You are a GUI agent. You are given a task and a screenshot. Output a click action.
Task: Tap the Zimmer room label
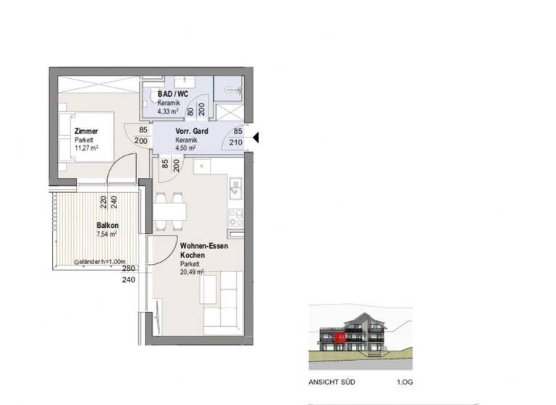coord(86,131)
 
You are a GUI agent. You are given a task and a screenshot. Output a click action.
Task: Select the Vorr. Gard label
coord(192,132)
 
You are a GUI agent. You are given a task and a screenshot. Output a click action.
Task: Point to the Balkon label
coord(106,226)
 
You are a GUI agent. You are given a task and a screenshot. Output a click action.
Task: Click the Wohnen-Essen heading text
coord(204,247)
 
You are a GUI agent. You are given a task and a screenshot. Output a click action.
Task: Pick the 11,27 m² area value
coord(86,148)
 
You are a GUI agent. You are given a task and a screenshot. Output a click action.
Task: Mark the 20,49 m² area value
coord(193,273)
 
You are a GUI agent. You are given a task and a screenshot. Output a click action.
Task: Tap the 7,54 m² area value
coord(107,234)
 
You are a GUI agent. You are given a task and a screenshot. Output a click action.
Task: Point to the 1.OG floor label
coord(404,384)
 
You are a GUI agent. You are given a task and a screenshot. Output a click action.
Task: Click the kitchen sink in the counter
coord(235,190)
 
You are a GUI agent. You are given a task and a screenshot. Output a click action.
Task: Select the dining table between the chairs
coord(169,210)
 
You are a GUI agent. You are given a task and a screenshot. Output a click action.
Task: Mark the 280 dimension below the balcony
coord(128,268)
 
